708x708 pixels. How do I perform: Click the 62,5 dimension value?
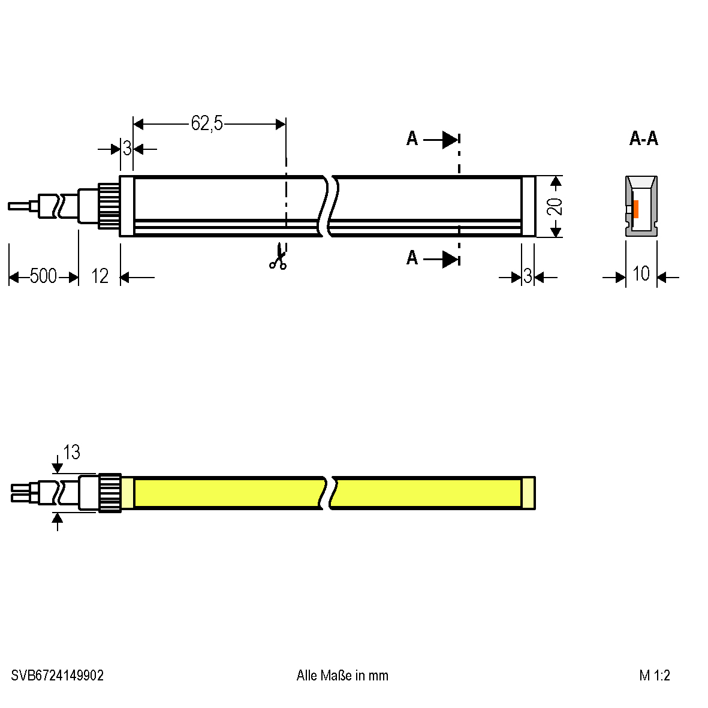click(x=207, y=123)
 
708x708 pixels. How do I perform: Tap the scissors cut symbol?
click(x=278, y=257)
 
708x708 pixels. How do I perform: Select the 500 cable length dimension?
click(x=43, y=276)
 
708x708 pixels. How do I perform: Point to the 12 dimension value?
click(x=100, y=276)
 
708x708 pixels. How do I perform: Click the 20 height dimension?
click(x=555, y=206)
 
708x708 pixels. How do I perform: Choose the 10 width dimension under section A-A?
click(x=641, y=273)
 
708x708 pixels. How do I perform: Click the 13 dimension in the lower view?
click(x=71, y=452)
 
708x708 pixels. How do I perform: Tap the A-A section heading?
click(x=644, y=138)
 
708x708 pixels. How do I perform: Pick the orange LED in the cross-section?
click(x=635, y=209)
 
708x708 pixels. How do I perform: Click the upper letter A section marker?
click(x=412, y=138)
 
